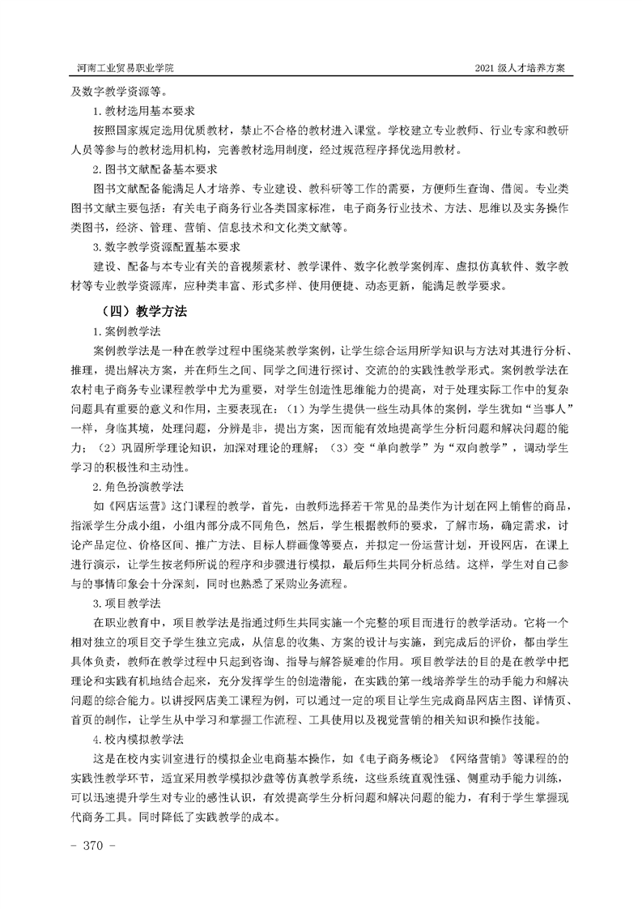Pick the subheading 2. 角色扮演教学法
point(138,486)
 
